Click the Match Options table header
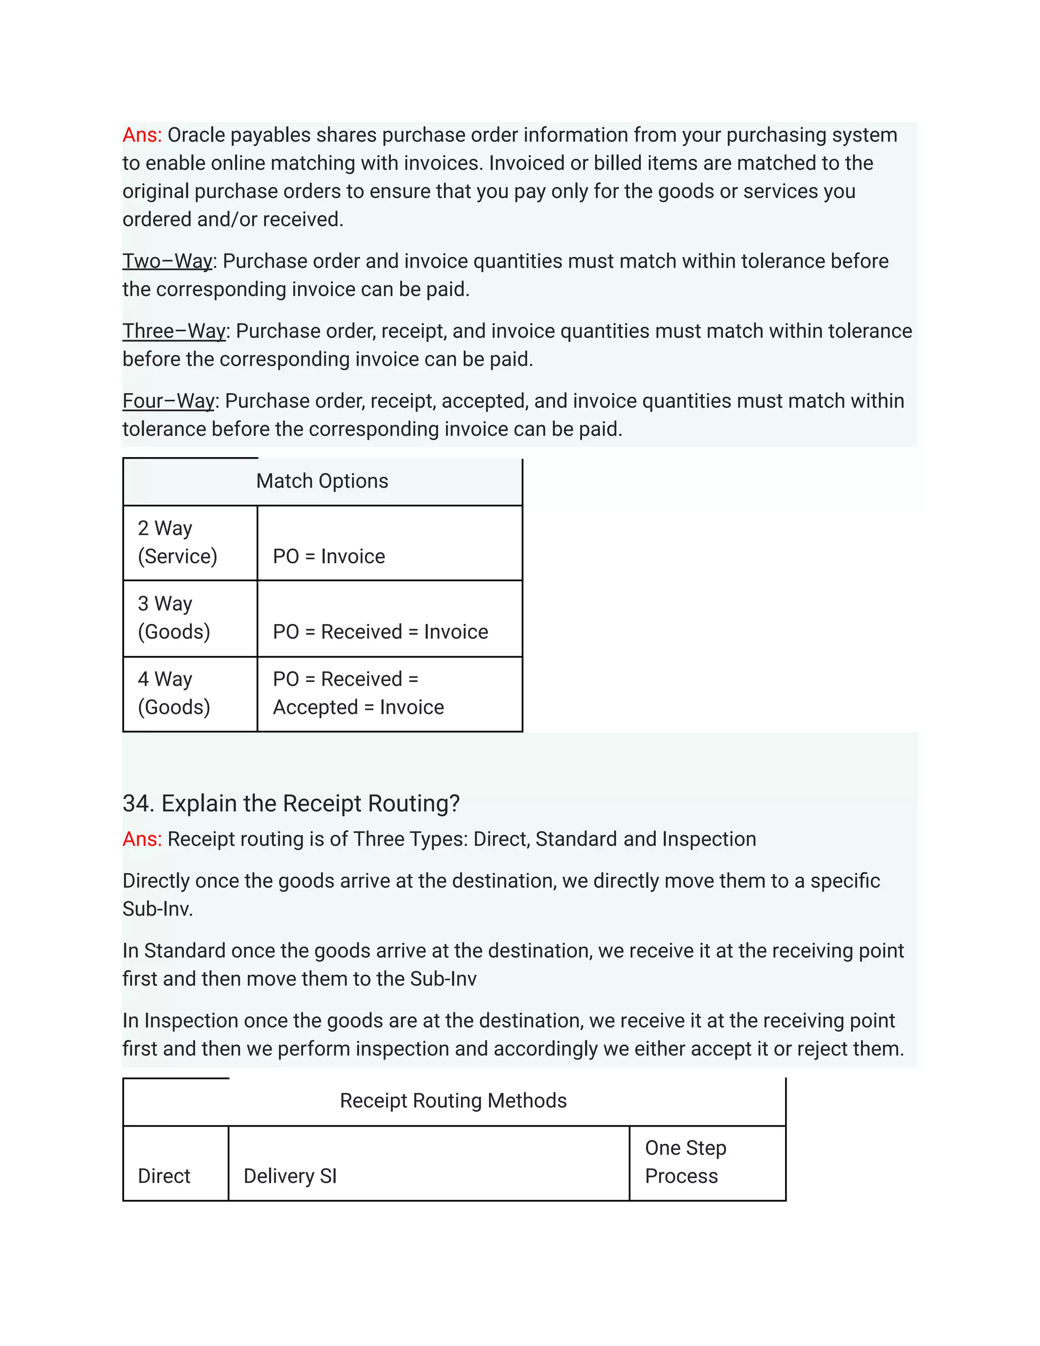point(322,482)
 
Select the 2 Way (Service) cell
point(177,542)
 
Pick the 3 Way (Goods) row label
point(174,618)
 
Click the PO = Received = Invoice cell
point(380,632)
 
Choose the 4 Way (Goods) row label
point(174,693)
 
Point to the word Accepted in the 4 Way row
point(315,707)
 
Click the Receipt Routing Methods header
point(453,1101)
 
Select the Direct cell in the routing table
point(164,1176)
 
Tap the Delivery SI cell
point(290,1176)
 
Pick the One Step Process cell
point(685,1162)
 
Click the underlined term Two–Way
point(167,261)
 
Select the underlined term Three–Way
point(174,331)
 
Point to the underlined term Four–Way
point(168,401)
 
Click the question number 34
point(138,804)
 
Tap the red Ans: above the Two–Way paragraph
point(142,135)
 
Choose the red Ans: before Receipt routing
point(142,840)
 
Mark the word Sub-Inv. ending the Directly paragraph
point(158,909)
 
